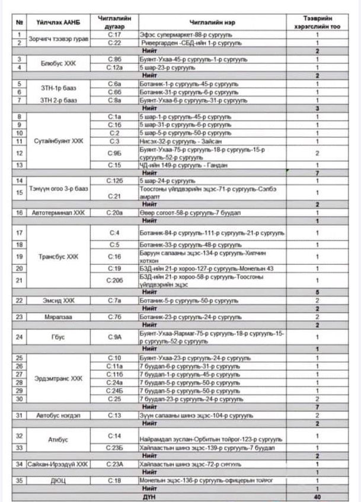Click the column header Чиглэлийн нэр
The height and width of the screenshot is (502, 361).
212,22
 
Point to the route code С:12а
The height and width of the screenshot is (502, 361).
114,68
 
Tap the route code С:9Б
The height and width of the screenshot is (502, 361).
114,153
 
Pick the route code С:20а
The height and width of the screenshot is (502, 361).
114,212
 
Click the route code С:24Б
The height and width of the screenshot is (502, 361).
114,391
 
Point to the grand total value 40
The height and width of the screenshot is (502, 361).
317,496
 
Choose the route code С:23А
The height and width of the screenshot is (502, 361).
114,463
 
